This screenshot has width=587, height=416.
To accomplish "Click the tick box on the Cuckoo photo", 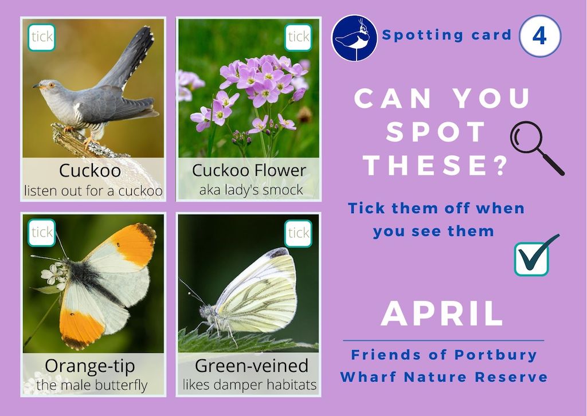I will pos(41,37).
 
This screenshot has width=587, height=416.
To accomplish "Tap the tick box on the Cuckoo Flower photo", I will pos(298,37).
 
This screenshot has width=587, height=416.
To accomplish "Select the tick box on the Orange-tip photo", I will pos(41,233).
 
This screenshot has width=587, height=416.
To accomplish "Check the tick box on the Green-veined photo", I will pos(298,233).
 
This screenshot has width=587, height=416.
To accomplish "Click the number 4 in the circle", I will pos(539,36).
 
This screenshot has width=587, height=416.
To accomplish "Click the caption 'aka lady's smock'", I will pos(251,190).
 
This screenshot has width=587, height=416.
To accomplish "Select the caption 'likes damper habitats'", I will pos(249,384).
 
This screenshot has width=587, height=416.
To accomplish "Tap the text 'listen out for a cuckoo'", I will pos(93,190).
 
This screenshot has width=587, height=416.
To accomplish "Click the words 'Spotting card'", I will pos(447,36).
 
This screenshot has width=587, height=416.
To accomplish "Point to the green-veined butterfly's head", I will pos(205,311).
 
